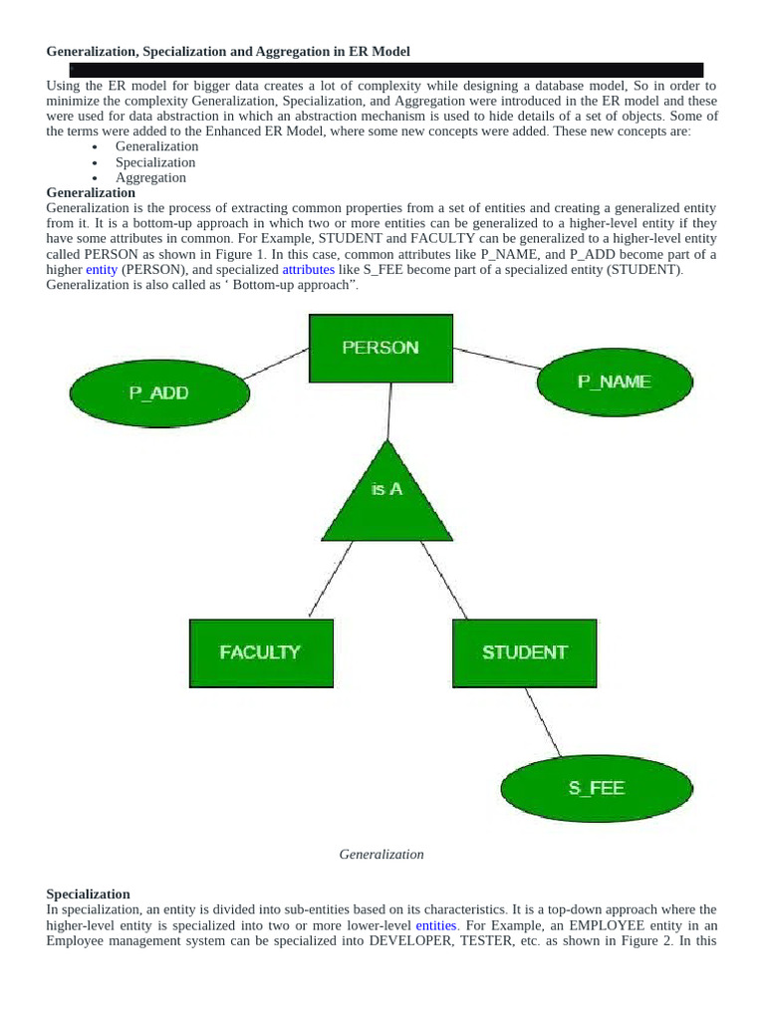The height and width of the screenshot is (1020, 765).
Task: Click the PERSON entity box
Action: [x=381, y=349]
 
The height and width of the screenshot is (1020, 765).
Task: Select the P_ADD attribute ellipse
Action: [x=158, y=392]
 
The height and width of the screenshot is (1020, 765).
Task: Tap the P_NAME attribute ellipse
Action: [x=615, y=382]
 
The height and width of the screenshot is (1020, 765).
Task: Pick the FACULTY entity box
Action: [x=260, y=652]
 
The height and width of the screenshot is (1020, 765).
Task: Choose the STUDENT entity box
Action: [x=524, y=652]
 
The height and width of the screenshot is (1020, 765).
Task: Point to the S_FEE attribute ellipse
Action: [x=596, y=788]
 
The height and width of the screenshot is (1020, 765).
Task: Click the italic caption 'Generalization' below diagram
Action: [x=382, y=855]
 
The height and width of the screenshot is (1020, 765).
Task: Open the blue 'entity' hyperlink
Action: [x=102, y=270]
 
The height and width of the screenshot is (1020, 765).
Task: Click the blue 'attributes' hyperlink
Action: [x=309, y=270]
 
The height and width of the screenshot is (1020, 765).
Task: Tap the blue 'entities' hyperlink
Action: [x=436, y=925]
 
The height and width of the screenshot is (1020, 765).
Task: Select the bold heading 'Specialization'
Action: [x=88, y=894]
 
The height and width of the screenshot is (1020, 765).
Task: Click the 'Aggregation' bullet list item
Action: [x=150, y=177]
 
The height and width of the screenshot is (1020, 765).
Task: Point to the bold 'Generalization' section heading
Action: [x=91, y=192]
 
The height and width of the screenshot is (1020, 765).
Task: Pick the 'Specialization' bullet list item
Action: [x=155, y=162]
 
